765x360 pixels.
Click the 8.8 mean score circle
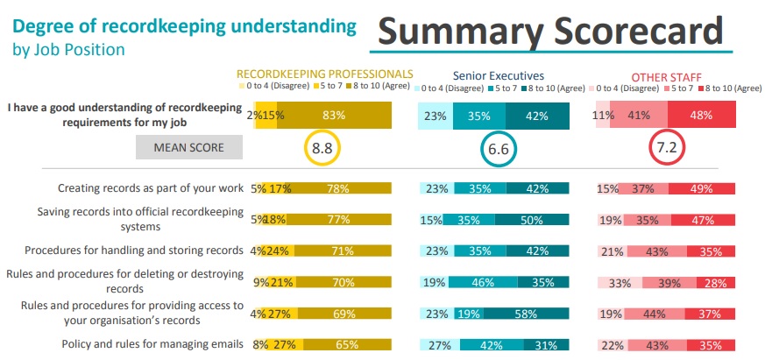pyautogui.click(x=322, y=149)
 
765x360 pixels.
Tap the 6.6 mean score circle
pyautogui.click(x=499, y=149)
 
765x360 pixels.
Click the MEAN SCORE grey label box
pyautogui.click(x=188, y=148)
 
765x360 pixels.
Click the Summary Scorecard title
pyautogui.click(x=550, y=33)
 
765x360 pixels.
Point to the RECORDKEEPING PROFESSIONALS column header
pyautogui.click(x=324, y=74)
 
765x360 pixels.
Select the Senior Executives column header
pyautogui.click(x=498, y=76)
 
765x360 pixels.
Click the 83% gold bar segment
pyautogui.click(x=334, y=116)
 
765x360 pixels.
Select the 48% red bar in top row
pyautogui.click(x=701, y=115)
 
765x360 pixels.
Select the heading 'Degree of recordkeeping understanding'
pyautogui.click(x=184, y=26)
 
